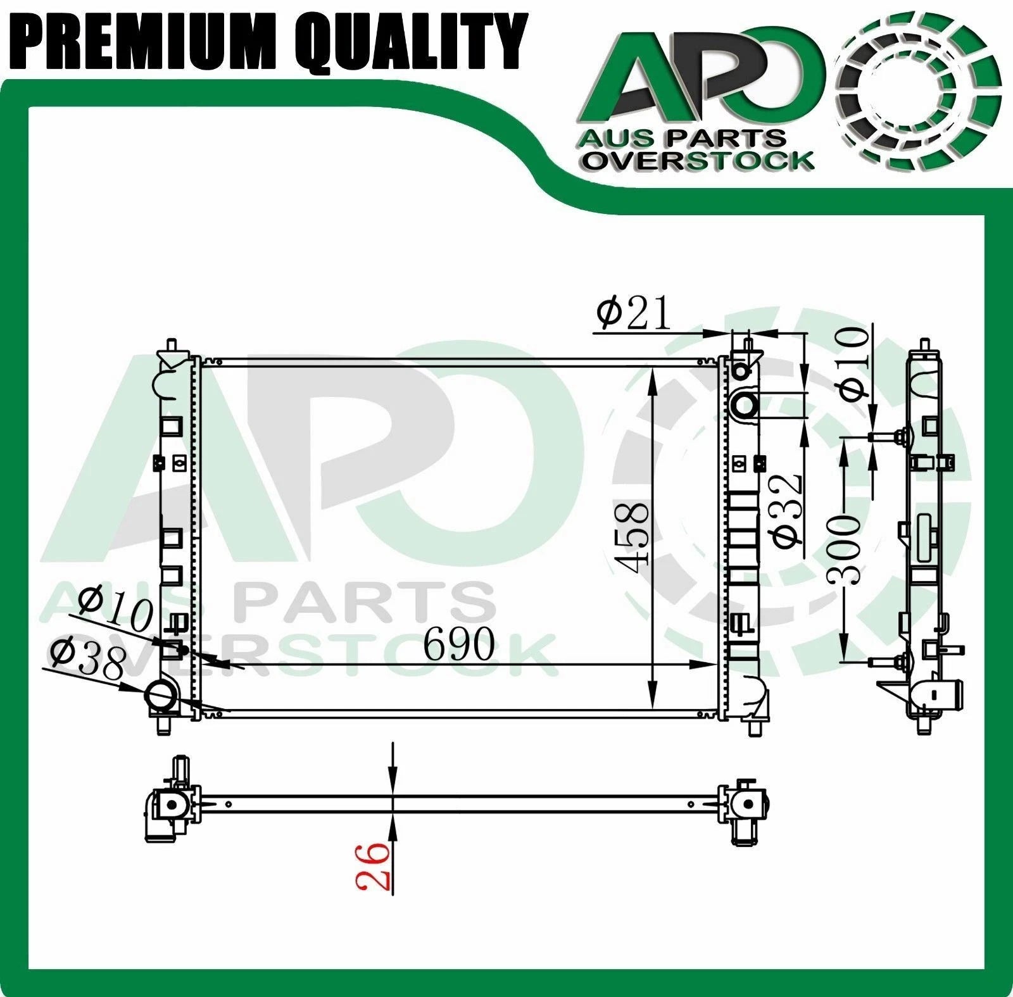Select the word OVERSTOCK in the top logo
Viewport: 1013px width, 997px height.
[x=698, y=161]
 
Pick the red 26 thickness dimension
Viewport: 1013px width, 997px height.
[x=374, y=865]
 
